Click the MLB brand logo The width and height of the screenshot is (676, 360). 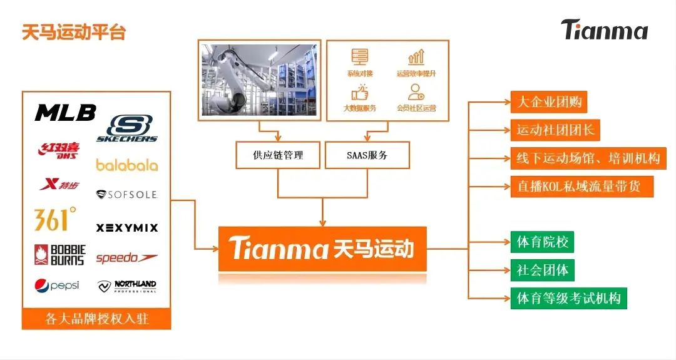pyautogui.click(x=66, y=113)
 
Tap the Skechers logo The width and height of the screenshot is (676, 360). pyautogui.click(x=127, y=128)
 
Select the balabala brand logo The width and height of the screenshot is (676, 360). pyautogui.click(x=126, y=165)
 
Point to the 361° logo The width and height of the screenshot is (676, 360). pyautogui.click(x=55, y=219)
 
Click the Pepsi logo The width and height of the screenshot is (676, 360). pyautogui.click(x=57, y=285)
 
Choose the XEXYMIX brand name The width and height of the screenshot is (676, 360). pyautogui.click(x=127, y=228)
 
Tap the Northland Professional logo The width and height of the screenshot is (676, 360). pyautogui.click(x=127, y=286)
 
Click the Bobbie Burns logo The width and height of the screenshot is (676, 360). pyautogui.click(x=59, y=254)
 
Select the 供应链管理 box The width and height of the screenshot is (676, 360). pyautogui.click(x=279, y=155)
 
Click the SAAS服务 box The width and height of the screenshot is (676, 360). pyautogui.click(x=367, y=155)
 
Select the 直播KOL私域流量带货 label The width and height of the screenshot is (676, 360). pyautogui.click(x=581, y=187)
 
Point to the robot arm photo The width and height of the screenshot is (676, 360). pyautogui.click(x=259, y=80)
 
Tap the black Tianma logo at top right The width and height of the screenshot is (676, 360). pyautogui.click(x=604, y=29)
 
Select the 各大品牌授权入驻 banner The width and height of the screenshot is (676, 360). pyautogui.click(x=96, y=319)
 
